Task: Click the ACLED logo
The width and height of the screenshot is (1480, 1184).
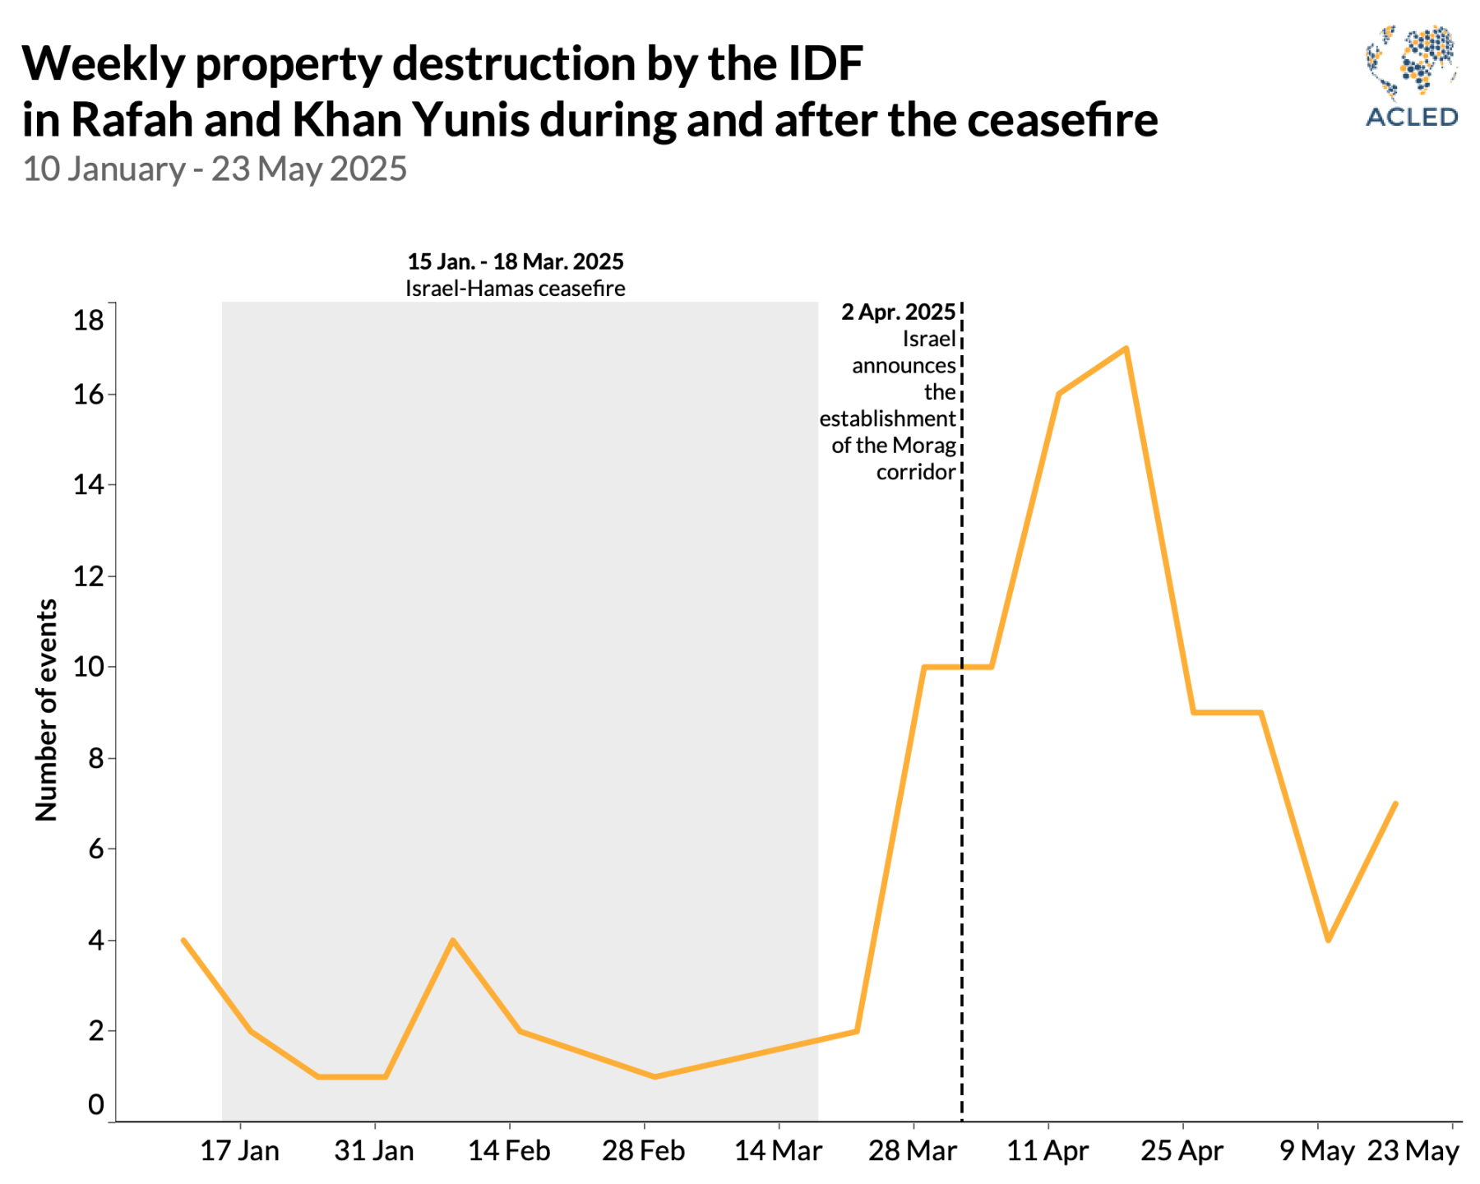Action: coord(1411,76)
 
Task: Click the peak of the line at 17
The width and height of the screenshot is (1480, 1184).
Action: coord(1126,349)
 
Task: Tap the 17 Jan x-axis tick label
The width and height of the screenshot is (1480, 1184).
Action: coord(239,1151)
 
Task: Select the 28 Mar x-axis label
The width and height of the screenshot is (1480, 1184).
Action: coord(912,1151)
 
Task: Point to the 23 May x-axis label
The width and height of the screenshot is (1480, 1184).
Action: coord(1413,1151)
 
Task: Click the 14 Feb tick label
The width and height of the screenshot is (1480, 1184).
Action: coord(509,1151)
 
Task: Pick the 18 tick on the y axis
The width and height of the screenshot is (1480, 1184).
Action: coord(89,320)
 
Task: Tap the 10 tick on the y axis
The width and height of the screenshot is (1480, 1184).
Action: coord(89,667)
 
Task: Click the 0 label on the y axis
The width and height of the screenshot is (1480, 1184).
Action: coord(96,1105)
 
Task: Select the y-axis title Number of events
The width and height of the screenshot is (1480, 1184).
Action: coord(47,710)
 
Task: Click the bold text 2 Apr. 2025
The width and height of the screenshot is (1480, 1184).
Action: coord(898,312)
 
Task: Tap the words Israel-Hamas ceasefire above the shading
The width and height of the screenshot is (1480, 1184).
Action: coord(515,289)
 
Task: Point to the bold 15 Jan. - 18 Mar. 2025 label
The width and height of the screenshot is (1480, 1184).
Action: coord(515,261)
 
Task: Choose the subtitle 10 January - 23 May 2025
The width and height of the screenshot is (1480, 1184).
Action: coord(215,169)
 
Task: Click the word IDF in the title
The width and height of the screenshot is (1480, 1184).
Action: coord(825,63)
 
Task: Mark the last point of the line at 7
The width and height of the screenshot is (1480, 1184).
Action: coord(1395,803)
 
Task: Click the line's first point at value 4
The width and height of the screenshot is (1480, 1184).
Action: coord(183,940)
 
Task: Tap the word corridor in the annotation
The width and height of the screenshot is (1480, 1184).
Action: coord(916,472)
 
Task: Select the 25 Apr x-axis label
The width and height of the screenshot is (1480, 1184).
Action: coord(1182,1151)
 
